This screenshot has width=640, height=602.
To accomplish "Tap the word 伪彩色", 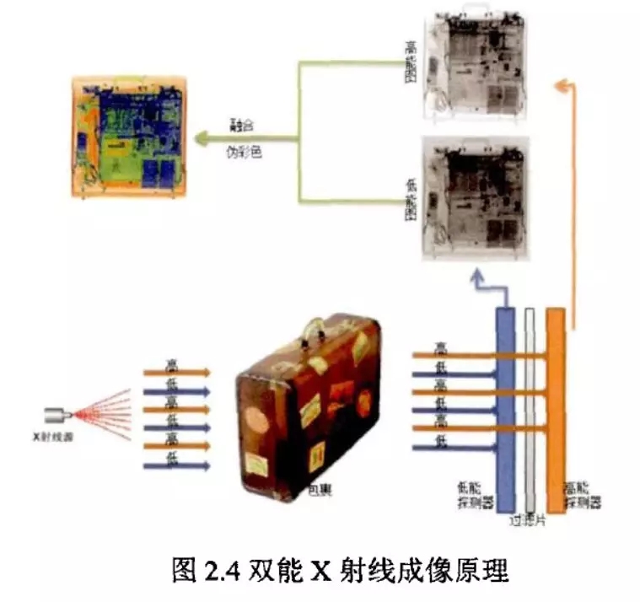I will [x=243, y=153].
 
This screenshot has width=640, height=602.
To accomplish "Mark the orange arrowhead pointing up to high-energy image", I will [x=562, y=83].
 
